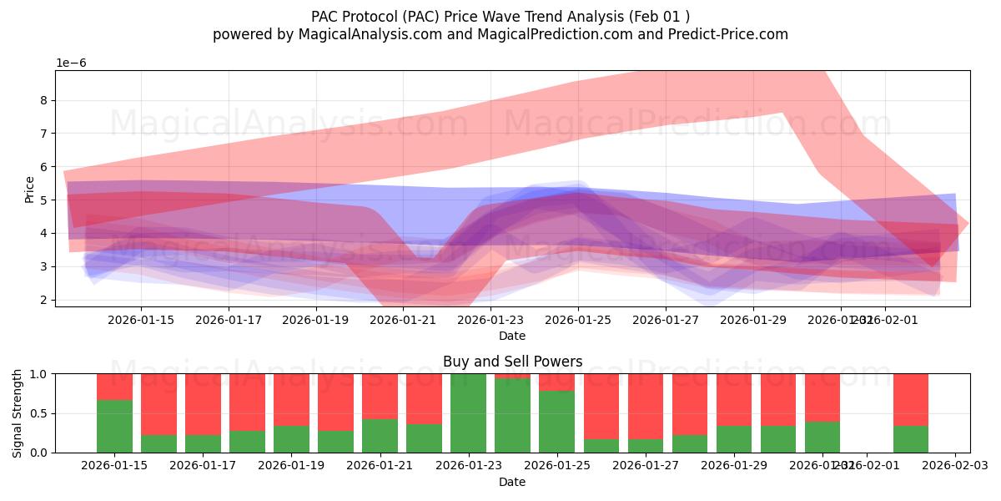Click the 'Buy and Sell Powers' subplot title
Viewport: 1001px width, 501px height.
(511, 362)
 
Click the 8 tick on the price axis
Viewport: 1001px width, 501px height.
(43, 100)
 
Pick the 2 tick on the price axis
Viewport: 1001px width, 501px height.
(43, 300)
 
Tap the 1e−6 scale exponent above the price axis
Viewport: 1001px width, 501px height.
(71, 63)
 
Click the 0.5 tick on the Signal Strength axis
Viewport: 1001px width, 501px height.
(38, 413)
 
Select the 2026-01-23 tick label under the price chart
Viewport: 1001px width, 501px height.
(490, 320)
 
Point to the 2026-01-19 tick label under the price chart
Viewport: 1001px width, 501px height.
(315, 320)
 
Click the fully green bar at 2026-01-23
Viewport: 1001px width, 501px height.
(468, 413)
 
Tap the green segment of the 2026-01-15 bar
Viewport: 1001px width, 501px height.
(114, 426)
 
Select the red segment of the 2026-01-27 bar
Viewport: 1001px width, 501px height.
(646, 405)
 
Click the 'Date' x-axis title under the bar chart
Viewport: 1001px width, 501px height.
(511, 482)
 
